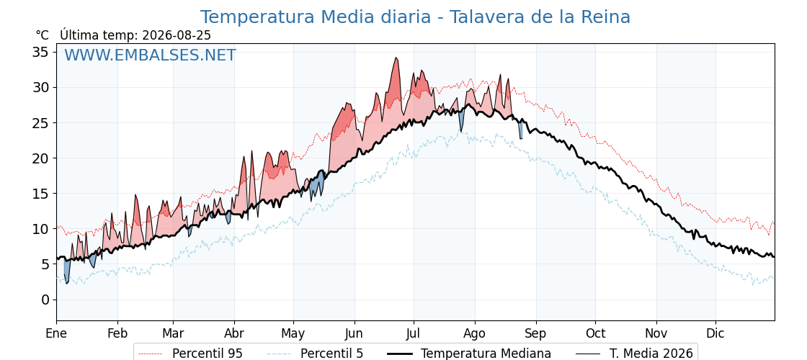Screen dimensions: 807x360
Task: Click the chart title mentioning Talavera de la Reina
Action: (x=415, y=17)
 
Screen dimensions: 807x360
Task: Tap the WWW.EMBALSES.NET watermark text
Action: (x=151, y=55)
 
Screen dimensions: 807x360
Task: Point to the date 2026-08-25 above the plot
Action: (x=177, y=35)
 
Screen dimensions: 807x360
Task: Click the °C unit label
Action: (x=43, y=35)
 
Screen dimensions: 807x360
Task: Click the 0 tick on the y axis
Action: (x=45, y=300)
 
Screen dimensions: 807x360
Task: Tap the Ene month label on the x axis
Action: (x=56, y=333)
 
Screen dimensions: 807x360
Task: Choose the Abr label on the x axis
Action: (x=234, y=333)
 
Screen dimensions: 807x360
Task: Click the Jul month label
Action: (x=414, y=333)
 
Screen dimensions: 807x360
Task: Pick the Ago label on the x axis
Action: (x=475, y=334)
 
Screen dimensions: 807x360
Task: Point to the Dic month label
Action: (x=715, y=333)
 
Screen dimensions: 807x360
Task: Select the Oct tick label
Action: (x=595, y=333)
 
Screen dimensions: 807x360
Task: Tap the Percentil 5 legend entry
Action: (x=316, y=354)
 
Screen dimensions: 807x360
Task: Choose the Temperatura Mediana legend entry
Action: (x=468, y=354)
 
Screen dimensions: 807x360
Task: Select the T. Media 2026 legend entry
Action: (x=634, y=354)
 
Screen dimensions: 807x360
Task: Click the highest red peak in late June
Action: (x=396, y=58)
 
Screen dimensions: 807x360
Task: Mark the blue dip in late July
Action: (x=461, y=122)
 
